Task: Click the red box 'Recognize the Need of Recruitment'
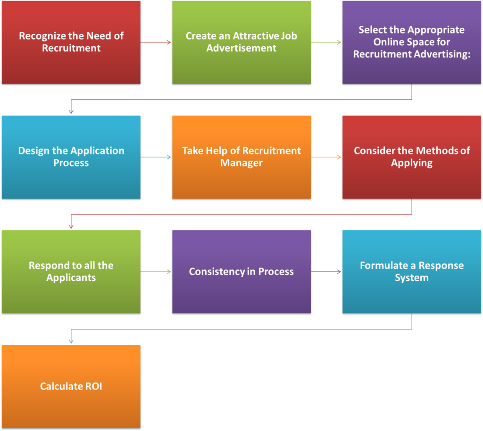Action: coord(71,42)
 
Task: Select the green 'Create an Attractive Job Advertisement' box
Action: coord(241,42)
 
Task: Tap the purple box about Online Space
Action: coord(412,42)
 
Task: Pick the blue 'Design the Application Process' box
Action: coord(71,157)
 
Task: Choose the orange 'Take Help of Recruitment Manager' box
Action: coord(241,157)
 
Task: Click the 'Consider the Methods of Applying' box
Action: coord(412,157)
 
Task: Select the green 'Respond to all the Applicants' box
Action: coord(71,271)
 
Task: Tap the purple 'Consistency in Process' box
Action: coord(241,271)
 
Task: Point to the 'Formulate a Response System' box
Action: coord(412,271)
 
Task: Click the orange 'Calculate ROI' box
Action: coord(71,386)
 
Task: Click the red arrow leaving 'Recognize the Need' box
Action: coord(156,42)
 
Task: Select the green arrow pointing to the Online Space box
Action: coord(326,42)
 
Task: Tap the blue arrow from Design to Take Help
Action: coord(156,157)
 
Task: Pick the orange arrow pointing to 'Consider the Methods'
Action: coord(326,157)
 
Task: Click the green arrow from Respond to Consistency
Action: coord(156,271)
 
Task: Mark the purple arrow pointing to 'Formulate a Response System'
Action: coord(326,271)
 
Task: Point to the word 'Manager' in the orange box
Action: coord(241,163)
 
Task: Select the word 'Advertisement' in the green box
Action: coord(241,48)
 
